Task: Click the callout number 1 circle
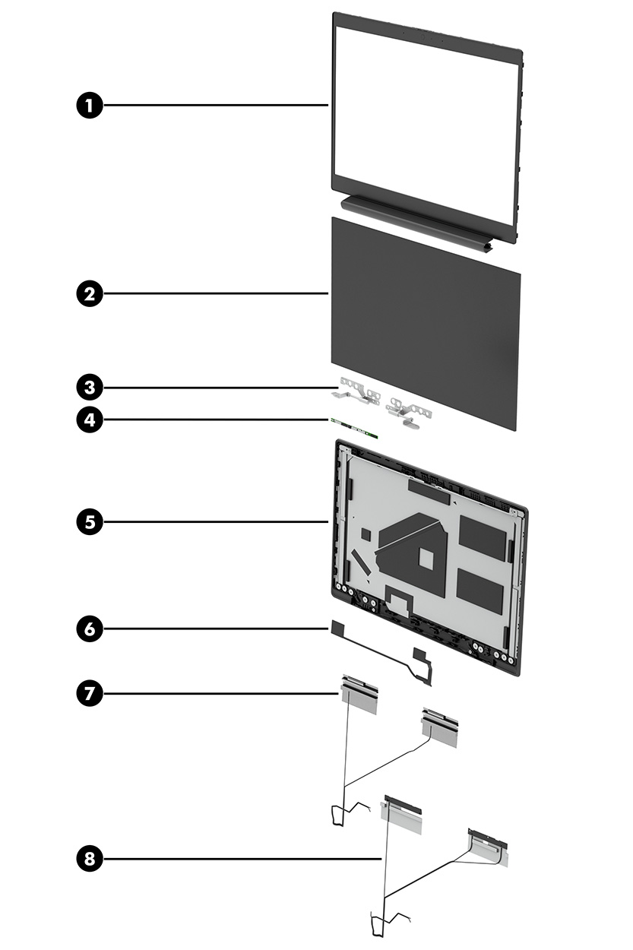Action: pos(90,106)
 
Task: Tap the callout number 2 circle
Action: pos(90,293)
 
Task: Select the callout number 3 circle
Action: pos(90,388)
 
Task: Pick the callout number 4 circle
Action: pos(90,420)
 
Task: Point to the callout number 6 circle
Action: pos(90,629)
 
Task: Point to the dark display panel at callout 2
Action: pos(426,319)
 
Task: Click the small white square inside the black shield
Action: pos(428,559)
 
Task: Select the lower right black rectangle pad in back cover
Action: pos(479,591)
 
